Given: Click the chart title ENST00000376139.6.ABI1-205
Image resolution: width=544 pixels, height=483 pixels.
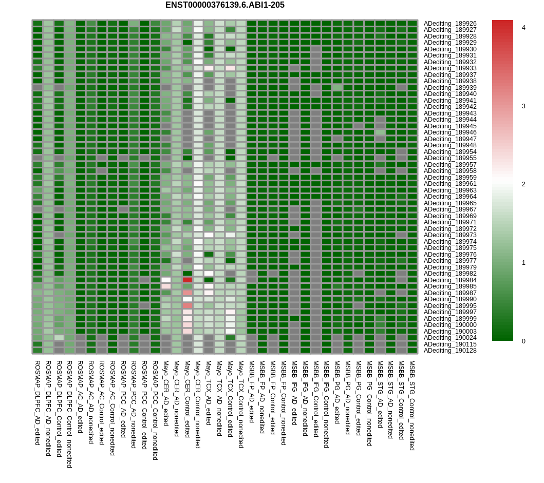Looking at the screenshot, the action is click(x=225, y=5).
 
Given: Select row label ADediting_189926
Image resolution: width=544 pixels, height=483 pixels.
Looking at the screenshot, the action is click(x=450, y=24).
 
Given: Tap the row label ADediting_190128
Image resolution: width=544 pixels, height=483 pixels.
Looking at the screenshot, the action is click(x=450, y=351).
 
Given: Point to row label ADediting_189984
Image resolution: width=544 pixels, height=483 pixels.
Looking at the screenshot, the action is click(x=450, y=280).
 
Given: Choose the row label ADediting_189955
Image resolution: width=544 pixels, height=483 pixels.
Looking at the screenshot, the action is click(x=450, y=158).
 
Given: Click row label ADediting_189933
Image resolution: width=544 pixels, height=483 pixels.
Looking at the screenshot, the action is click(x=450, y=68).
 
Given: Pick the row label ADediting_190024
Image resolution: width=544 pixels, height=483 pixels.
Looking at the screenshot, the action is click(x=450, y=338).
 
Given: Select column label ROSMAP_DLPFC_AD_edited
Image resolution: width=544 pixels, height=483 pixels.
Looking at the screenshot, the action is click(x=37, y=403).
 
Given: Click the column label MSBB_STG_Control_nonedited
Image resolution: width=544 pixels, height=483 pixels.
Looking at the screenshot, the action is click(x=412, y=405).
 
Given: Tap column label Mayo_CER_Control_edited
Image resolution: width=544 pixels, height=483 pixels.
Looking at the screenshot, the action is click(x=187, y=399).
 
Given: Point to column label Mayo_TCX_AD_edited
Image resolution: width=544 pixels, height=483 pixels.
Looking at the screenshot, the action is click(x=209, y=393).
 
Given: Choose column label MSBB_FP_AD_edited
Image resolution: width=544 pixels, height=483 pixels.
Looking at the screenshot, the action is click(x=252, y=392).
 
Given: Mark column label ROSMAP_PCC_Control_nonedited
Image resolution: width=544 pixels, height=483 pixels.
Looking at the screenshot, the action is click(x=156, y=411).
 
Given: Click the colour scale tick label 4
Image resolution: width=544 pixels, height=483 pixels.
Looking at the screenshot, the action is click(x=523, y=28).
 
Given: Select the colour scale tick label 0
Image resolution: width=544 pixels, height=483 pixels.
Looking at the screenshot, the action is click(x=523, y=341).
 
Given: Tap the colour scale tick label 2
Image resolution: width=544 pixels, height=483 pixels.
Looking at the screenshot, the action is click(x=523, y=184).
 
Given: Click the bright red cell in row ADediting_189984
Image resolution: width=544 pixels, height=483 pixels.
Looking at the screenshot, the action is click(x=187, y=280).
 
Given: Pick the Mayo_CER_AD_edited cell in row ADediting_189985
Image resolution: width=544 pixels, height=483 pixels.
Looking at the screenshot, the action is click(x=166, y=286).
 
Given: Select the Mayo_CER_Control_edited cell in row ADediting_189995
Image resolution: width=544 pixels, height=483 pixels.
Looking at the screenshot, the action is click(x=187, y=305).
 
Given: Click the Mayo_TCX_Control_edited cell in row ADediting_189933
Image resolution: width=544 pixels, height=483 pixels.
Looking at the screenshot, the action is click(x=230, y=68).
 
